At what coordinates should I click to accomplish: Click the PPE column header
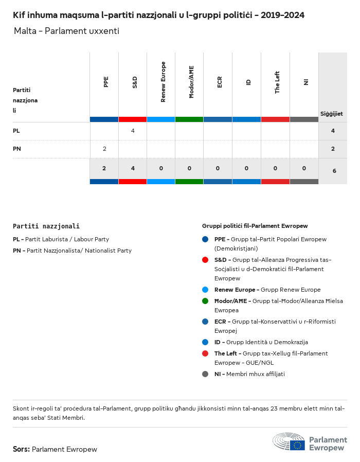[106, 82]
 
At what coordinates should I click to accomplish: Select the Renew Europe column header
[163, 82]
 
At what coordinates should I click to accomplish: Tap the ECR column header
[220, 82]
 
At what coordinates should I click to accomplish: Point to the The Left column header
[277, 82]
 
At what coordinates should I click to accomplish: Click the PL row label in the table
[16, 131]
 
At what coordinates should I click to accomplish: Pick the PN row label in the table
[16, 149]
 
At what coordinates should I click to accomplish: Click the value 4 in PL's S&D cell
[133, 131]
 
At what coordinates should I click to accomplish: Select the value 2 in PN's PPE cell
[104, 149]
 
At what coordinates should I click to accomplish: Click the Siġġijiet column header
[332, 114]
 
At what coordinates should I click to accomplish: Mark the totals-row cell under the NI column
[304, 168]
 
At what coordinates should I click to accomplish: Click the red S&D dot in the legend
[205, 260]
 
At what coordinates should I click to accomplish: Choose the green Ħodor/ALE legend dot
[205, 301]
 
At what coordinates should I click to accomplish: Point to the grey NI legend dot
[205, 374]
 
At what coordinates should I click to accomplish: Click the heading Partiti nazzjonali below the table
[46, 226]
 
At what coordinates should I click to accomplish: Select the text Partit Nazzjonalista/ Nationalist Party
[79, 251]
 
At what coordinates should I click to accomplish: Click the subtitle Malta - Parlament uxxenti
[66, 31]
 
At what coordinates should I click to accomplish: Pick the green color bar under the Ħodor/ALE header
[189, 119]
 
